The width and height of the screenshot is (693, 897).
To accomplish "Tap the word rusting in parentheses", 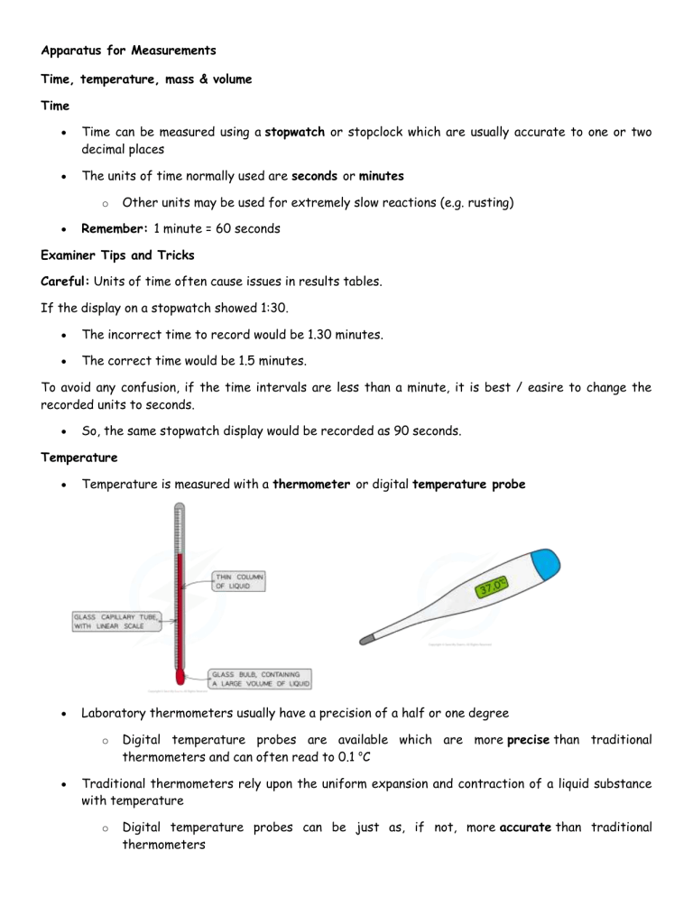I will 484,203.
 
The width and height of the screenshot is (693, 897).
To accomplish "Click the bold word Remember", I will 113,229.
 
